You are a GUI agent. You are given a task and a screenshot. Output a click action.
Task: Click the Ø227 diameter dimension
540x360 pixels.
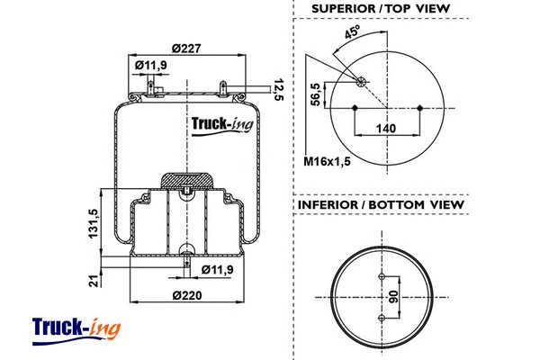coord(188,49)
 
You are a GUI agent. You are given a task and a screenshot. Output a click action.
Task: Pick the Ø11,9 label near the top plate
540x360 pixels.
coord(151,65)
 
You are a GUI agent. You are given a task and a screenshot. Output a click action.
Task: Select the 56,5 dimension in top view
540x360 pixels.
coord(316,94)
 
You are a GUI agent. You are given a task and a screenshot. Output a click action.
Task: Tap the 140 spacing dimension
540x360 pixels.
coord(385,129)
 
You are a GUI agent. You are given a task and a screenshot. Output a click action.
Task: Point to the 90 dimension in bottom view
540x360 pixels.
coord(393,297)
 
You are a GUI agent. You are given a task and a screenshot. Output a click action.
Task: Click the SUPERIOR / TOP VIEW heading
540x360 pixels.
coord(380,9)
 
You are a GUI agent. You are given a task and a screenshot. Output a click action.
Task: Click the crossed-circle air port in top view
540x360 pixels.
coord(362,82)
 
